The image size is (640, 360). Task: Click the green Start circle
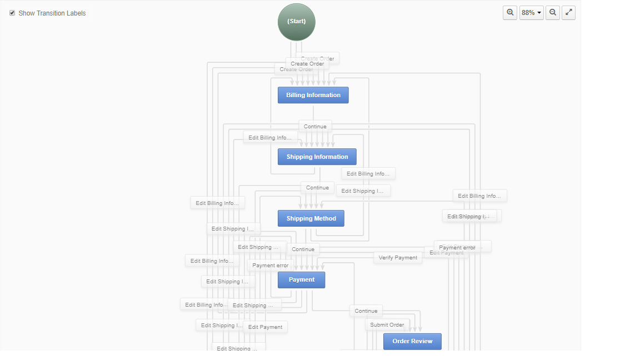pos(296,22)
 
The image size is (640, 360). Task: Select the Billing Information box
pos(313,95)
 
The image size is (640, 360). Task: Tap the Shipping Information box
pos(317,157)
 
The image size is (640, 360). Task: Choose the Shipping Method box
pos(311,218)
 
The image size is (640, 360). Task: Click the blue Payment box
pos(301,279)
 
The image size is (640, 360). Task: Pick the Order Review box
pos(412,341)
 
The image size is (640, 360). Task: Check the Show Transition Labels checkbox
pos(12,13)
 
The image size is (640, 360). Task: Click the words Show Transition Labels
pos(52,13)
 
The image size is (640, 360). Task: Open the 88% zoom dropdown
pos(531,13)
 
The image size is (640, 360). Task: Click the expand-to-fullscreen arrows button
pos(568,12)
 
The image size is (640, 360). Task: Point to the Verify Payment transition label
pos(398,258)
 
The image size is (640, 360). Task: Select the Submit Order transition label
pos(387,325)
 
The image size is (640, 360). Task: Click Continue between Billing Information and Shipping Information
pos(315,127)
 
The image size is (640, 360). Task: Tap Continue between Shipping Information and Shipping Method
pos(317,188)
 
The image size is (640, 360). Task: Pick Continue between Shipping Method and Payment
pos(303,249)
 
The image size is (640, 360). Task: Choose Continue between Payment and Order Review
pos(366,311)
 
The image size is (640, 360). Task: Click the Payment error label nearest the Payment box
pos(271,266)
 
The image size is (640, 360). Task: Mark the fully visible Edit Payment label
pos(265,327)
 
